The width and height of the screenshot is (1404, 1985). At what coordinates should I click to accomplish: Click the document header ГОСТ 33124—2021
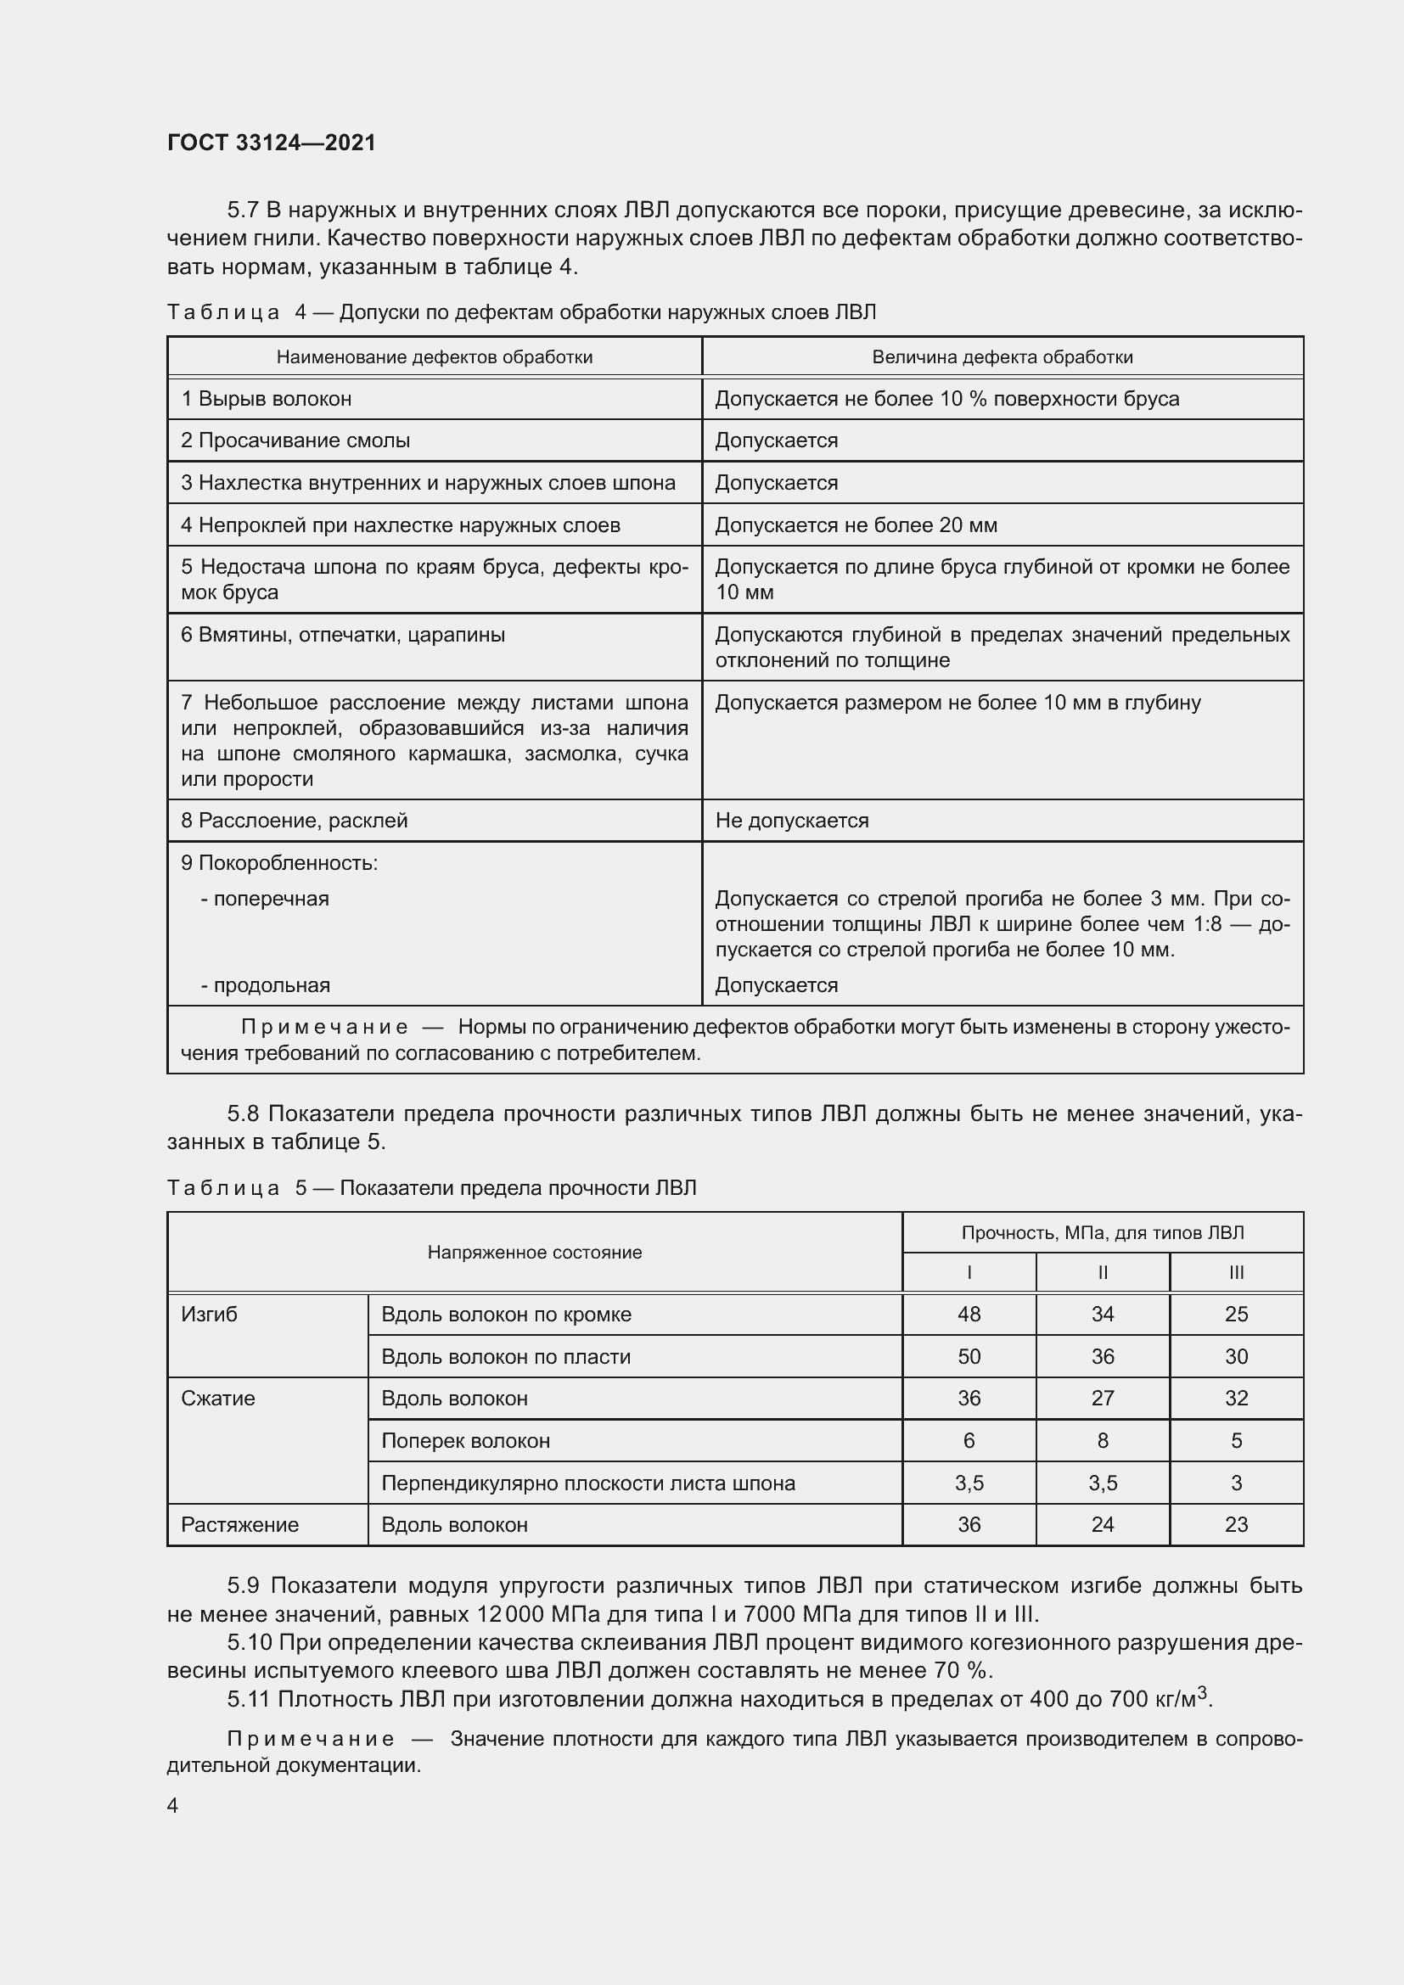272,143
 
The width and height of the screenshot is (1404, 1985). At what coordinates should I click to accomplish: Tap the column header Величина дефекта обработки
1002,357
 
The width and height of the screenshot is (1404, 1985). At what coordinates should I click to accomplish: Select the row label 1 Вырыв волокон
267,399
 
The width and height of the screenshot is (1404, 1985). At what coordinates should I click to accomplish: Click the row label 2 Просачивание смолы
295,440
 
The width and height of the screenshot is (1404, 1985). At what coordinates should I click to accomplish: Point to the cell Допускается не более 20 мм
856,524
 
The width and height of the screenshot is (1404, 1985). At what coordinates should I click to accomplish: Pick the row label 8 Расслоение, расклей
294,821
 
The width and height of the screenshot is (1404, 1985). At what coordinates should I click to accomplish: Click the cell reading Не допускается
792,821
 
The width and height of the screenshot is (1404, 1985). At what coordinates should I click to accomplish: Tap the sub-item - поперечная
266,898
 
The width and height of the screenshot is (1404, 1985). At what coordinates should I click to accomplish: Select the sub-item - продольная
266,984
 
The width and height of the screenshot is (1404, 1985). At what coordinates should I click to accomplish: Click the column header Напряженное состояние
534,1253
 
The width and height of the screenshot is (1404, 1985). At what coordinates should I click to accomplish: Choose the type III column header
1236,1273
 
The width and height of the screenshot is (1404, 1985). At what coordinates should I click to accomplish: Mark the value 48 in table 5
969,1314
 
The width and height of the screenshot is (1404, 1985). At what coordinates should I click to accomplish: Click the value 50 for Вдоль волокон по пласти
969,1356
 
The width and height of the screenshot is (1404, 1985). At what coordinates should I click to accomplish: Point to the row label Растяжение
239,1524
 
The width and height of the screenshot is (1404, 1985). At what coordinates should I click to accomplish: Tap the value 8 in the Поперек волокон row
1103,1440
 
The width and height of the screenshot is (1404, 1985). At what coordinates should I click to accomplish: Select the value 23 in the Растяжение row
1236,1524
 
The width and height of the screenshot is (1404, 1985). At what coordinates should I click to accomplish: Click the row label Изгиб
209,1314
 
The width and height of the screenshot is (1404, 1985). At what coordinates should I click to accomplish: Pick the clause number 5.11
249,1699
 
